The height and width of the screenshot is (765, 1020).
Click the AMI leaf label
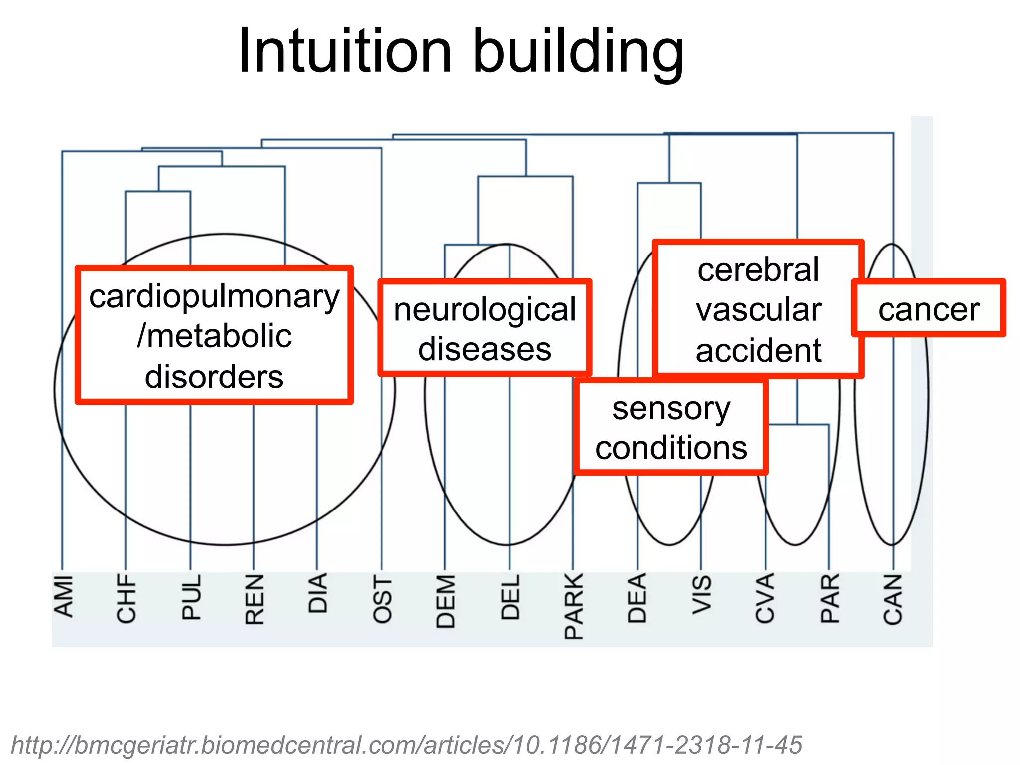63,596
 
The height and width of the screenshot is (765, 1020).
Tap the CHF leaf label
127,598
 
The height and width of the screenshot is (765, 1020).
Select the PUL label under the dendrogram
191,597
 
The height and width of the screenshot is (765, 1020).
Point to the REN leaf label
255,599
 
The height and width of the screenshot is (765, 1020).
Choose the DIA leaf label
318,593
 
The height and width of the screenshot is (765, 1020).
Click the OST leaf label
382,599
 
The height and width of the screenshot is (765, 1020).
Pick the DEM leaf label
446,601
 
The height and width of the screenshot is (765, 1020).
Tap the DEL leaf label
510,597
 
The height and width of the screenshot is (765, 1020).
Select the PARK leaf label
574,606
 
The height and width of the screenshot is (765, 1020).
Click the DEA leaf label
637,598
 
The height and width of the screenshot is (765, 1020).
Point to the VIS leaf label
702,594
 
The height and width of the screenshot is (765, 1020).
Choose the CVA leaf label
765,598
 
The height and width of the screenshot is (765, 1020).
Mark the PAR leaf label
830,598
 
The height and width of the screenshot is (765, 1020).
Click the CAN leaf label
893,599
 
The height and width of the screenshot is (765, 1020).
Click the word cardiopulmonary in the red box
214,297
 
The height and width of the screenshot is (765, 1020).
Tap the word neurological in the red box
485,310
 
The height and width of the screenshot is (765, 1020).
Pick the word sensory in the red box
671,409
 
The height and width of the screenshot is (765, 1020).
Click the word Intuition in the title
345,51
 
